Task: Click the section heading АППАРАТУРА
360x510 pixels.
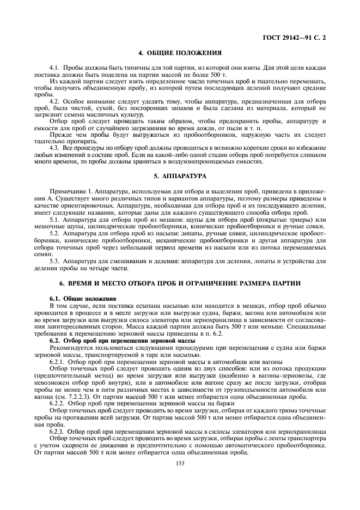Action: (184, 176)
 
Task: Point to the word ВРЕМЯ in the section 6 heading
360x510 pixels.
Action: (80, 284)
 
